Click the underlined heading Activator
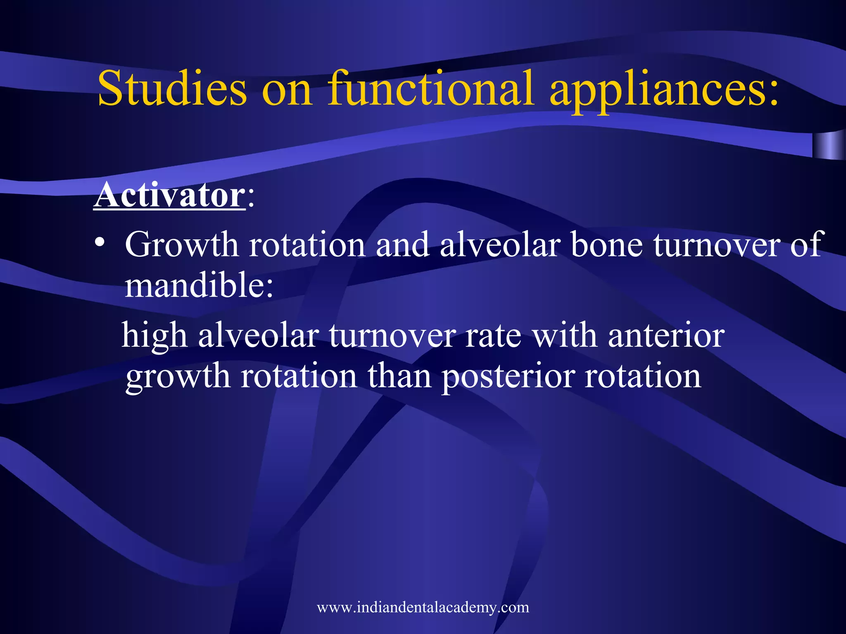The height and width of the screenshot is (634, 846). [169, 195]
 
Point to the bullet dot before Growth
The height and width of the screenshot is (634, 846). [99, 243]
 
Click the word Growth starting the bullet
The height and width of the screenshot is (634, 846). [182, 245]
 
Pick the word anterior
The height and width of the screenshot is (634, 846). [666, 335]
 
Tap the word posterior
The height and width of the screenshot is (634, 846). [508, 376]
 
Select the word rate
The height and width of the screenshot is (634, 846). [493, 336]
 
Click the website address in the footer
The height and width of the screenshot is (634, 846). [423, 607]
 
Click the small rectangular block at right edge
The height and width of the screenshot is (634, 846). [828, 145]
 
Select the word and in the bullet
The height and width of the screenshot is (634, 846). [402, 245]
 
